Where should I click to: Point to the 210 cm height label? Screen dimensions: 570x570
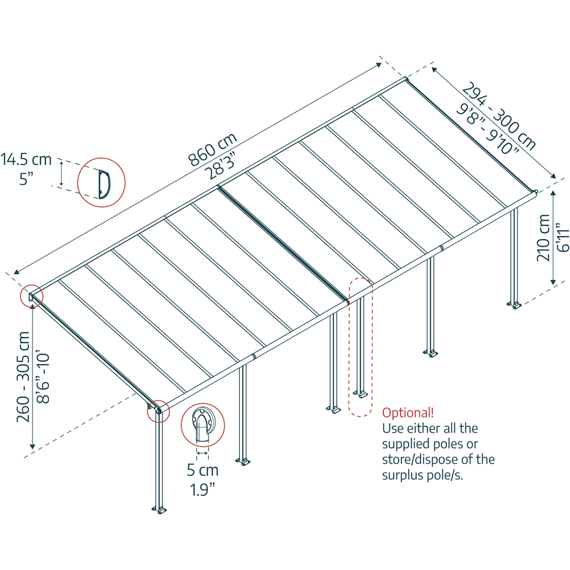pyautogui.click(x=544, y=238)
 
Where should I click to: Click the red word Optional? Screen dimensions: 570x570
pyautogui.click(x=408, y=412)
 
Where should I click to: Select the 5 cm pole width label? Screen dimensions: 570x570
pyautogui.click(x=202, y=471)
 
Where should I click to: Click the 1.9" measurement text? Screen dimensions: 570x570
pyautogui.click(x=202, y=489)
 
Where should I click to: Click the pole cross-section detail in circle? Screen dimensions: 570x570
pyautogui.click(x=202, y=426)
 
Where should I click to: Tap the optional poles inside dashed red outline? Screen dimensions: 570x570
pyautogui.click(x=360, y=348)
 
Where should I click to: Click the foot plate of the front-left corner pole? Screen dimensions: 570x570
pyautogui.click(x=159, y=509)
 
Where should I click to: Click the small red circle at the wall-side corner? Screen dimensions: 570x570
pyautogui.click(x=28, y=296)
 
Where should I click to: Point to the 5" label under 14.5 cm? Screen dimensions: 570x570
pyautogui.click(x=26, y=178)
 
